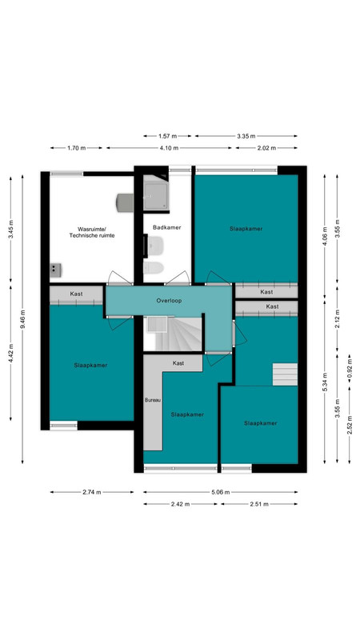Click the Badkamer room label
166,227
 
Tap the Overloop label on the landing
169,301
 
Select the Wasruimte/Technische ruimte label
92,232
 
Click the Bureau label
153,401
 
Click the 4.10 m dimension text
169,148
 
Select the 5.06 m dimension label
220,492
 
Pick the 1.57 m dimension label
168,136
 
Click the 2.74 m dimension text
92,492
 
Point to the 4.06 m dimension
325,235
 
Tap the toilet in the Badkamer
154,268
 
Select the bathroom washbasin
155,246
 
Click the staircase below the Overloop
174,334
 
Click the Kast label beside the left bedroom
76,294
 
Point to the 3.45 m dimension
10,230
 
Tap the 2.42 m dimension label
181,504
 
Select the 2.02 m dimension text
266,148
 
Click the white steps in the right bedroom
285,374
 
